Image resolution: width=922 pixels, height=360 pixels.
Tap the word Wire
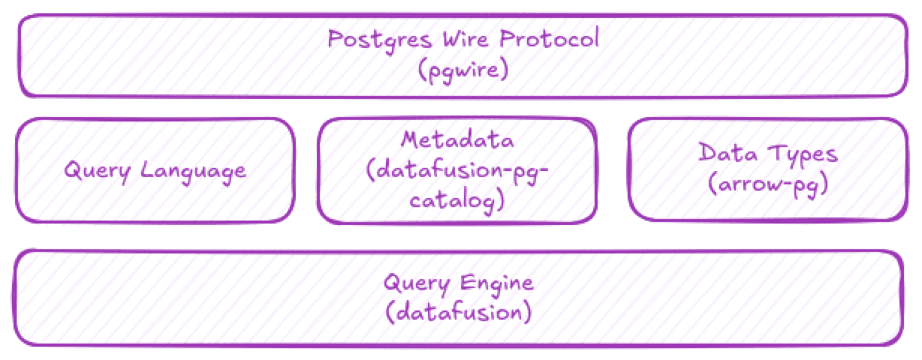coord(466,39)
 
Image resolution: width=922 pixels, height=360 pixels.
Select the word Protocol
coord(549,39)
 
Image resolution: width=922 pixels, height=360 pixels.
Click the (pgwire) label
coord(463,70)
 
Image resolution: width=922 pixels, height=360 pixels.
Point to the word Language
coord(193,171)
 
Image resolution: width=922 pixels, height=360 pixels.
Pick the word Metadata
coord(457,140)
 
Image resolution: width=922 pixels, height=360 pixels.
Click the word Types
coord(803,154)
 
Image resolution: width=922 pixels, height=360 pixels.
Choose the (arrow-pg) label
coord(768,184)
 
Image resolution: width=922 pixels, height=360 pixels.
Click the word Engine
coord(496,283)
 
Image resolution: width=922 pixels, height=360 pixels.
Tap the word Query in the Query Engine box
coord(417,283)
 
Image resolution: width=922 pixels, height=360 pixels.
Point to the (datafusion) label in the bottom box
coord(458,313)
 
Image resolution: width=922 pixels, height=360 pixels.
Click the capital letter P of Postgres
coord(335,39)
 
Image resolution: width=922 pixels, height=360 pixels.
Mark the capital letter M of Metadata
coord(410,139)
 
